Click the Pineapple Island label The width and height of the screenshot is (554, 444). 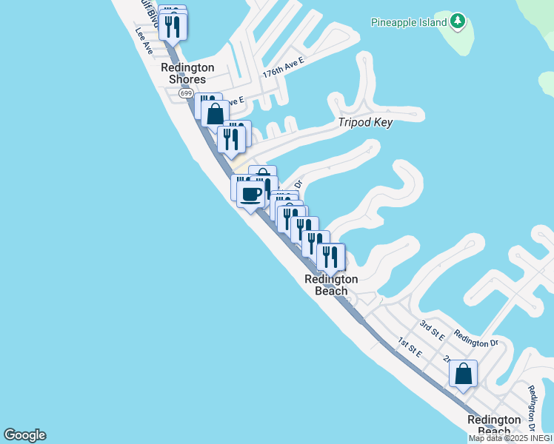(409, 22)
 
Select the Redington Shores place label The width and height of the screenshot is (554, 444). (187, 73)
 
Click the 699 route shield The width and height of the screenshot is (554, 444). (186, 93)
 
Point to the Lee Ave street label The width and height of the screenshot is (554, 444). (144, 41)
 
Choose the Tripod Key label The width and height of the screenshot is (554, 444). (365, 122)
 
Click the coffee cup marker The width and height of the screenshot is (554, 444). (251, 195)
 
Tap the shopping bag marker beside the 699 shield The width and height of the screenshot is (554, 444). (215, 114)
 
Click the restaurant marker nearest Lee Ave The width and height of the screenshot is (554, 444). (173, 27)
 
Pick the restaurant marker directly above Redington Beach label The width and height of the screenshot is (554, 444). (330, 256)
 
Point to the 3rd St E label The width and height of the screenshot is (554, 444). (432, 330)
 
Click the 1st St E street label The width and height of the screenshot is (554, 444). (409, 347)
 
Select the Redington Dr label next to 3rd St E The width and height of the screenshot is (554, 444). (477, 340)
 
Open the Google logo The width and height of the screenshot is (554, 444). (24, 435)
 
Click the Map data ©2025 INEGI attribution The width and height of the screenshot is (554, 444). (510, 438)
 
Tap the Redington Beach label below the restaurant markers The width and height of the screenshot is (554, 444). (331, 285)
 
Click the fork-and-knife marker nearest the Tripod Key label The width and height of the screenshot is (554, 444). (231, 138)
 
